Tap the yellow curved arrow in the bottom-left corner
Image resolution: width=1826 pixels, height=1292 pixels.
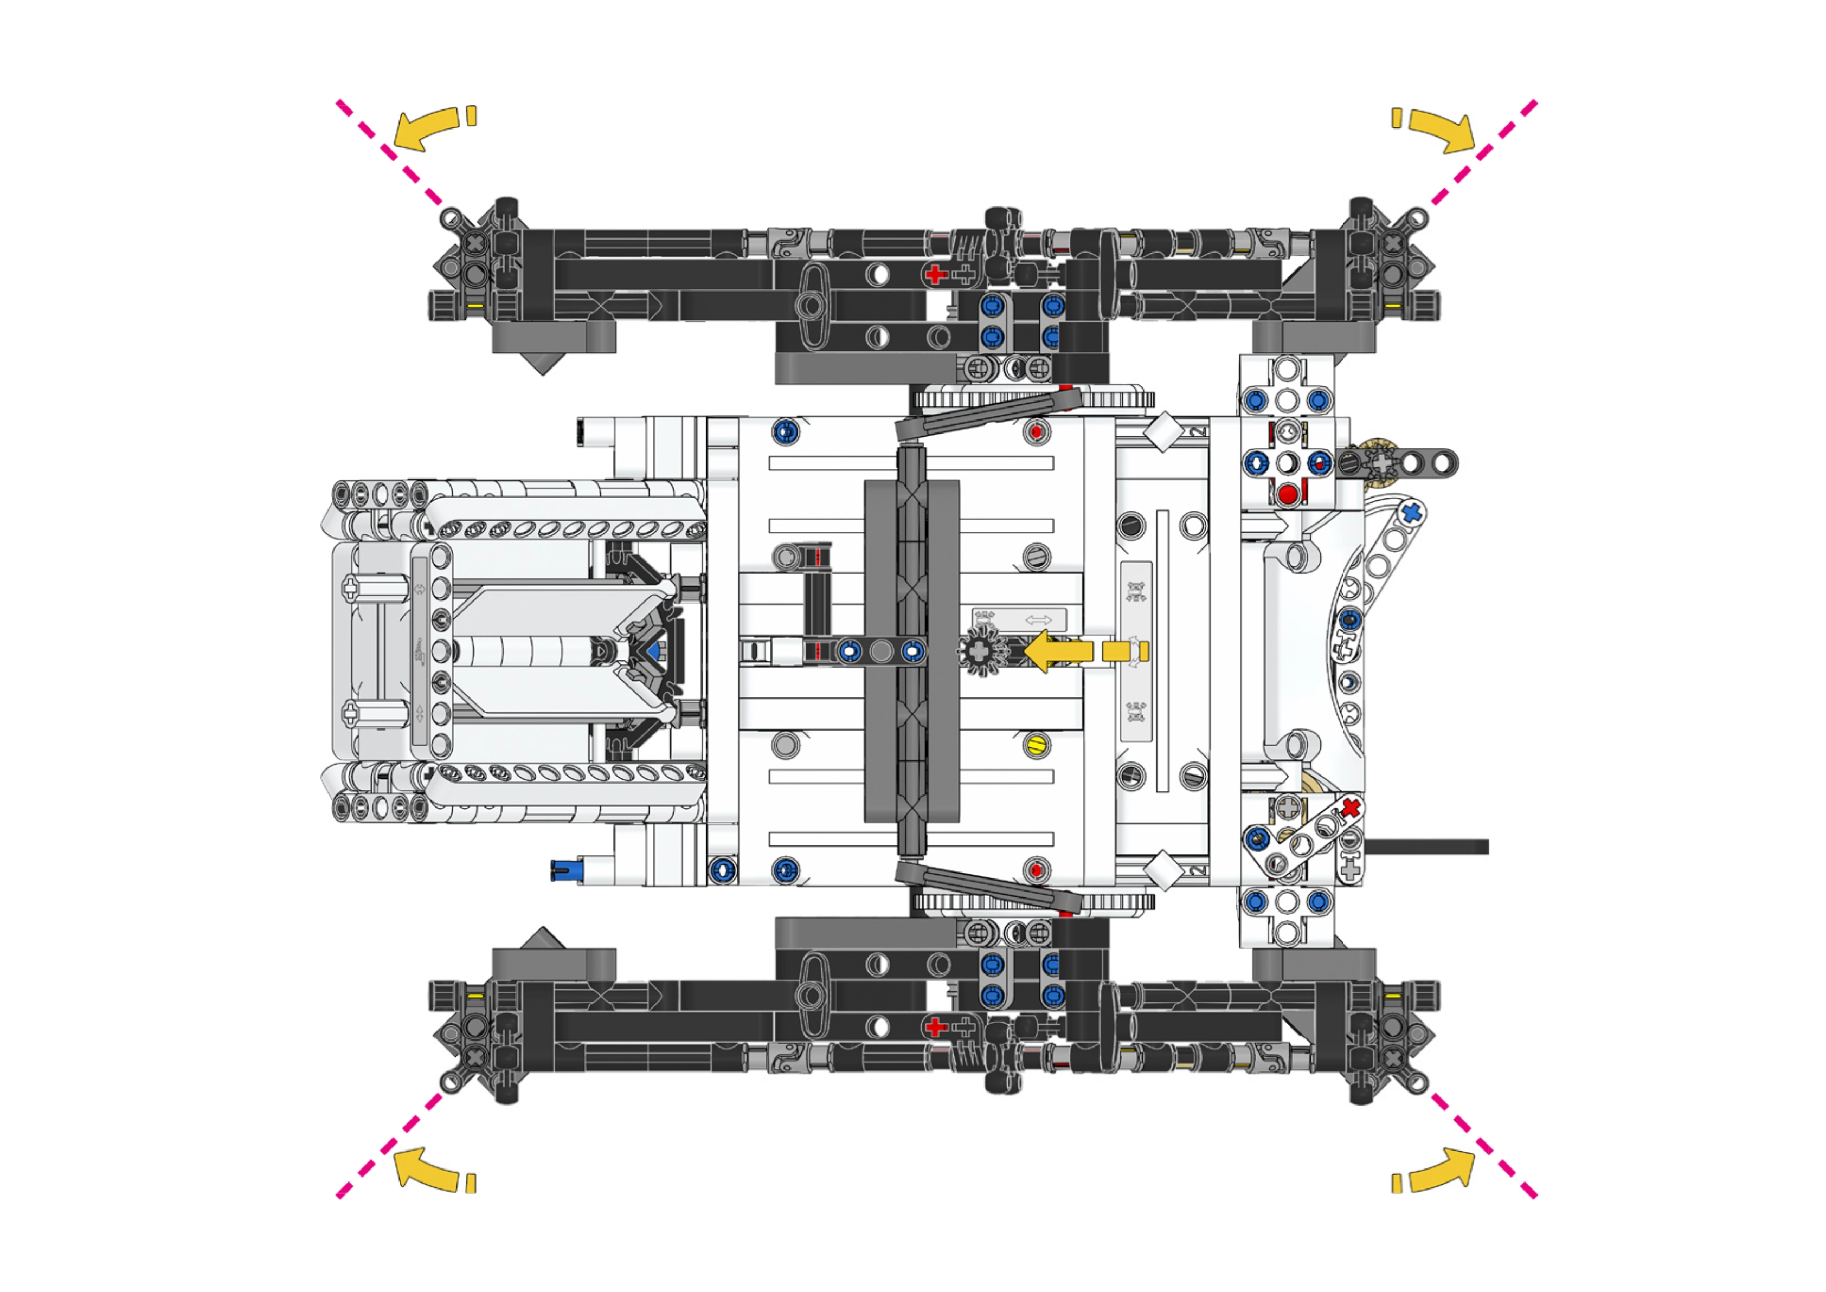(426, 1168)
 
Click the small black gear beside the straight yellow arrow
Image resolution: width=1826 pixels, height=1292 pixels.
(982, 651)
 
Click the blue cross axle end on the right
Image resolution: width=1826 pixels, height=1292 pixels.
(1411, 512)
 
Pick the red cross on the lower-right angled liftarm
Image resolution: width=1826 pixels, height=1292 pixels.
(1350, 808)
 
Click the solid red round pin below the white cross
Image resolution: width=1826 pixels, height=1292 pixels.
(1287, 495)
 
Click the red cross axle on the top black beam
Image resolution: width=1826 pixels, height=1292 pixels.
(936, 274)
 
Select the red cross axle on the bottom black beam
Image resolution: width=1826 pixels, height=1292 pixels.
(936, 1027)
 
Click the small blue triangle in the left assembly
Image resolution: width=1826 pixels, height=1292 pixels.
(654, 651)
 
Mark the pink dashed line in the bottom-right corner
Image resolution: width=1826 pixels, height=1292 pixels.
(1484, 1146)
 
